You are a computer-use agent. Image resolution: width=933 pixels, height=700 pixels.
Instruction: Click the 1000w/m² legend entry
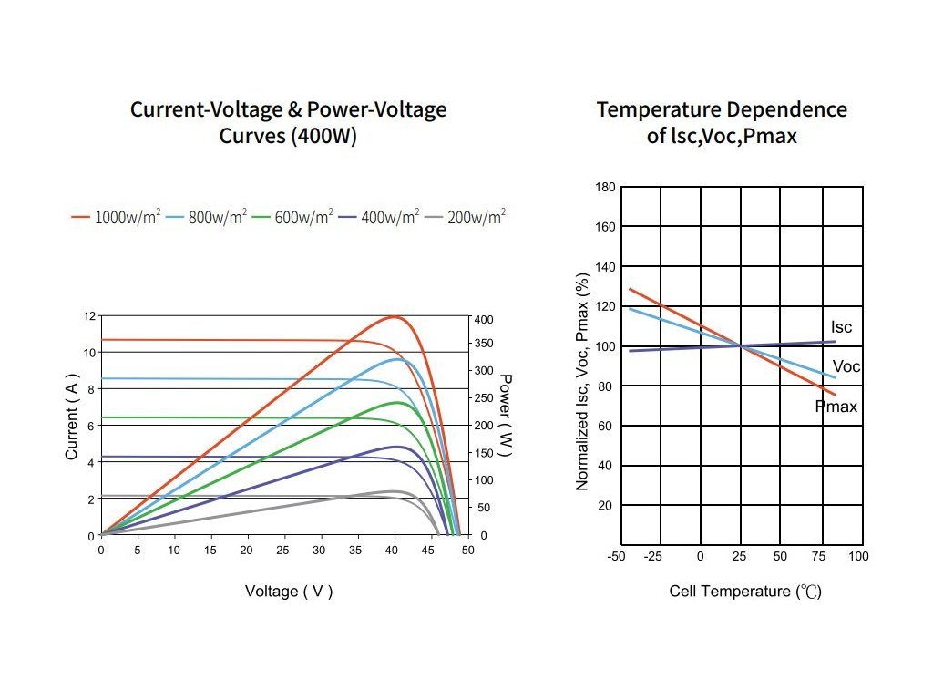117,218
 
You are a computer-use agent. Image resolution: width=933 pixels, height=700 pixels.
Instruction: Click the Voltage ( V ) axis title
289,592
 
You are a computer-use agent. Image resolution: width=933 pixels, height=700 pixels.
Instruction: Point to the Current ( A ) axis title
72,416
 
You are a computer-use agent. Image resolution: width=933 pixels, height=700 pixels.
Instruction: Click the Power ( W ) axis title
506,416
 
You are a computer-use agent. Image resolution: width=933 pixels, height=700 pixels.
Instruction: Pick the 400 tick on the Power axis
483,320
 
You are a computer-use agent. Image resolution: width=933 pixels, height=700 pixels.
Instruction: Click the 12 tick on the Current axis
89,316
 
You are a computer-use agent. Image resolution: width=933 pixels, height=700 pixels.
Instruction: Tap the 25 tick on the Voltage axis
283,551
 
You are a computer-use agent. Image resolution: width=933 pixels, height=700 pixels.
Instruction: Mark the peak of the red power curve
395,316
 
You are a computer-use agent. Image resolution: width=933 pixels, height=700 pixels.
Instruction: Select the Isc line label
841,327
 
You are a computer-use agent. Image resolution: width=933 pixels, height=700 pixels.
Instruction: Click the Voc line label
846,366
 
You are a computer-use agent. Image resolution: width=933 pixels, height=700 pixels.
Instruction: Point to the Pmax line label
836,407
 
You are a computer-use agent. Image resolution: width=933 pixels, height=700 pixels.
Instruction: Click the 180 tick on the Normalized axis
605,187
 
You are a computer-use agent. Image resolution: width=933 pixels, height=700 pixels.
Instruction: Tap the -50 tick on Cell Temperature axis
618,556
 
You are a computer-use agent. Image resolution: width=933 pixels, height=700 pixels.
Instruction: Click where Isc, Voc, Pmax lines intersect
741,345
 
